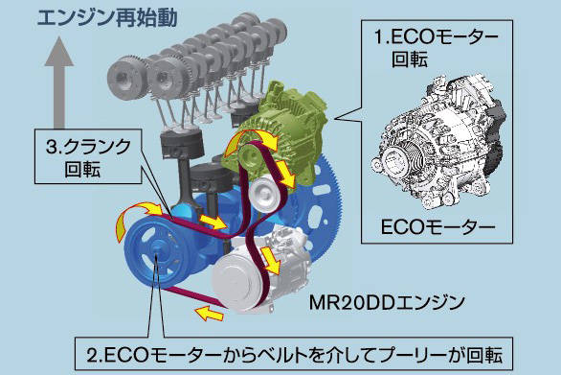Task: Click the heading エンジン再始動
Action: (x=107, y=17)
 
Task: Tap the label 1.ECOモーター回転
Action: (x=437, y=48)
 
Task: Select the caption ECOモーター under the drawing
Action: (x=438, y=226)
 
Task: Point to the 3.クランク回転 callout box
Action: (x=88, y=156)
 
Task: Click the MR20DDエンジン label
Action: (x=387, y=302)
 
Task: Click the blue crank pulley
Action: (x=157, y=253)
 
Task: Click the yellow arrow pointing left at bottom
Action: (x=209, y=313)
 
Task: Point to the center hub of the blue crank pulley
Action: (x=157, y=253)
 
